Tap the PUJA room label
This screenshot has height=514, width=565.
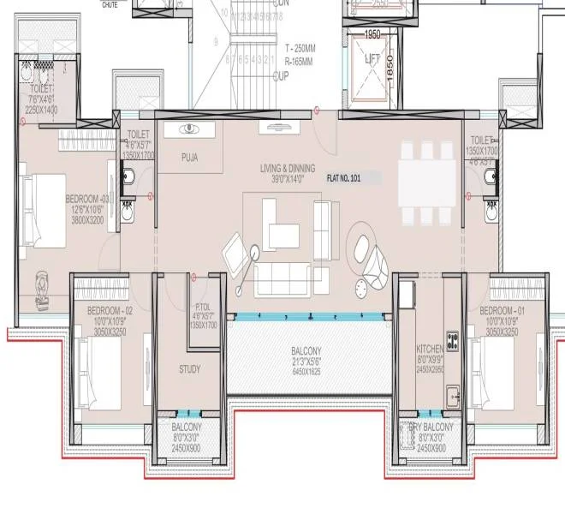[x=190, y=158]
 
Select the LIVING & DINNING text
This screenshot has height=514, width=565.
[x=287, y=169]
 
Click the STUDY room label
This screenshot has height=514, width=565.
[x=189, y=369]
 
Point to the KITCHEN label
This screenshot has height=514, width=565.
[x=429, y=350]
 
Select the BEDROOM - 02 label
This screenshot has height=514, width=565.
[x=110, y=309]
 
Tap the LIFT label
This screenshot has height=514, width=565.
[x=372, y=60]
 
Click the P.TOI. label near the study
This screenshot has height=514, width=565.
[x=203, y=307]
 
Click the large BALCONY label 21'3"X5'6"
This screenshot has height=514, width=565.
[x=306, y=351]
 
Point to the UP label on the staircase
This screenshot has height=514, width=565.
[x=280, y=75]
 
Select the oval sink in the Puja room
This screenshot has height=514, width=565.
[x=190, y=129]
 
